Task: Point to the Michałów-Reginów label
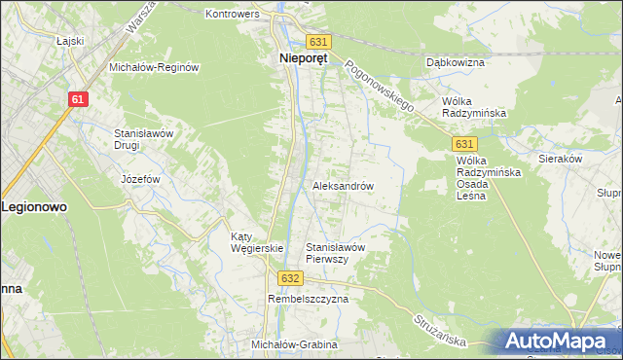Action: (x=154, y=67)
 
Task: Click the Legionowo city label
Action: (x=38, y=207)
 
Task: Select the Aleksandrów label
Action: (x=344, y=185)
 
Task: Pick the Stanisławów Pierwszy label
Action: (x=335, y=253)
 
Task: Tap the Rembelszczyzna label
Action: (x=308, y=300)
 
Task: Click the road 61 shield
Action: (x=80, y=100)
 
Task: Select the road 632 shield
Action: (x=289, y=277)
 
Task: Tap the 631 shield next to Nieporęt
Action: (x=318, y=42)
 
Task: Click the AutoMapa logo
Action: (x=560, y=341)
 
